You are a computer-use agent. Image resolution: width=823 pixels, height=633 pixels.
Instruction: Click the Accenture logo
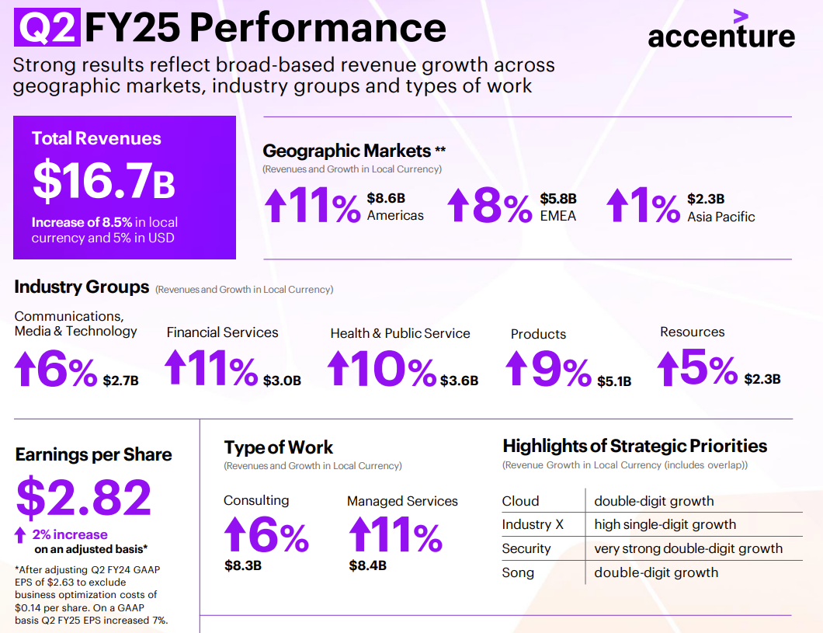click(721, 31)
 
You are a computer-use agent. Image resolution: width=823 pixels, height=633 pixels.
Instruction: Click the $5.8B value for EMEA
click(559, 199)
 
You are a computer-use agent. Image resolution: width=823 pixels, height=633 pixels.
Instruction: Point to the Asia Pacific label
click(721, 217)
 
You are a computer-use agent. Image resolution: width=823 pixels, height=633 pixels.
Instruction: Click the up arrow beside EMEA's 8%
click(459, 206)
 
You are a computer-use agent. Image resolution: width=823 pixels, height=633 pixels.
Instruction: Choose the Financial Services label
click(222, 332)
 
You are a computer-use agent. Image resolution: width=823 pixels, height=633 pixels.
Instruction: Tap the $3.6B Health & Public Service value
click(459, 381)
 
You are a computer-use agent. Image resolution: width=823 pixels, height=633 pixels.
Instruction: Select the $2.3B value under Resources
click(762, 379)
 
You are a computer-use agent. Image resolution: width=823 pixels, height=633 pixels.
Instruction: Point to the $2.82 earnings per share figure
click(84, 497)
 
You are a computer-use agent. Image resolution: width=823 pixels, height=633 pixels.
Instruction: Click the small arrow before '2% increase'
click(21, 534)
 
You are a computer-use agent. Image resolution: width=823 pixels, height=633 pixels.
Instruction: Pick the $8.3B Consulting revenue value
click(242, 565)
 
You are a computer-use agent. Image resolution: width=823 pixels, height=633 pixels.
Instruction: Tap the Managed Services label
click(402, 501)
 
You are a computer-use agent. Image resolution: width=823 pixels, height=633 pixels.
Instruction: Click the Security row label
click(526, 548)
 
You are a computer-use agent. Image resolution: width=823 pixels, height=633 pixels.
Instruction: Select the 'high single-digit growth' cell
click(665, 524)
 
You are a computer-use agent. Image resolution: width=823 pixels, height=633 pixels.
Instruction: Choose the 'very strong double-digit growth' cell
click(688, 548)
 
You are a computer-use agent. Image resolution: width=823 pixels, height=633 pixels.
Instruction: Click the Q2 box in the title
click(47, 28)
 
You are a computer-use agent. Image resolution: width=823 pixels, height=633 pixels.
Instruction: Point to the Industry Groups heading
click(82, 287)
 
